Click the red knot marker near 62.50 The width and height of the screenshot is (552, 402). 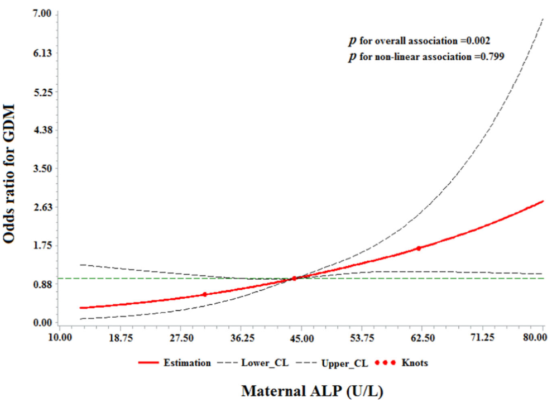pyautogui.click(x=418, y=248)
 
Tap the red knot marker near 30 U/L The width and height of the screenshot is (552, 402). pyautogui.click(x=204, y=294)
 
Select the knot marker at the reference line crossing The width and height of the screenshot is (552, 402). pyautogui.click(x=294, y=278)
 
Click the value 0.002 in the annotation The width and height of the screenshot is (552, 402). pyautogui.click(x=479, y=41)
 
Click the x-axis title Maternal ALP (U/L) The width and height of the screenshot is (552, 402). pyautogui.click(x=312, y=390)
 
